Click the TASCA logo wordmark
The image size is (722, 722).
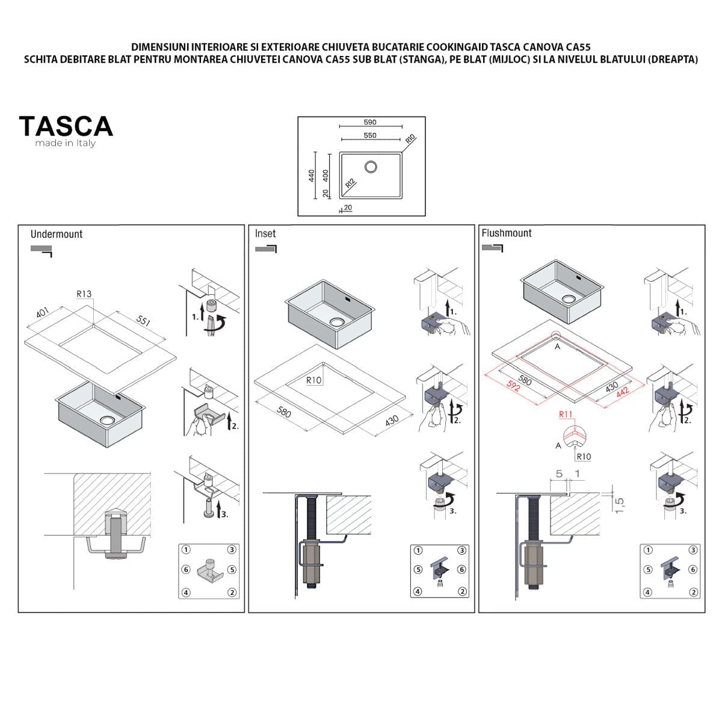point(66,126)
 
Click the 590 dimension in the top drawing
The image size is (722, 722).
point(370,122)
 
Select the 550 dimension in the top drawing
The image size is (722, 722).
point(370,135)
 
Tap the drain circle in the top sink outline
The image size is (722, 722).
point(371,167)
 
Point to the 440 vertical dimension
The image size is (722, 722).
point(311,175)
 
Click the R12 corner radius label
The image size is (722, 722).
point(350,184)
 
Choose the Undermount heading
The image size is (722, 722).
point(56,234)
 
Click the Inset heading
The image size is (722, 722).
point(265,233)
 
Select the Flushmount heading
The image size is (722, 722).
point(507,233)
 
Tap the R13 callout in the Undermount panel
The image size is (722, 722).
point(84,294)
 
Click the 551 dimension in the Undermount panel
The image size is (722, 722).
point(143,320)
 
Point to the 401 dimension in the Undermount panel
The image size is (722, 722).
point(42,312)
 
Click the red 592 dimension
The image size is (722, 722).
point(513,386)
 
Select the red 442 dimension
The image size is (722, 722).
point(622,393)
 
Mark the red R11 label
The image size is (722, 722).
point(566,414)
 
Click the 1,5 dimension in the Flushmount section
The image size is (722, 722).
point(619,505)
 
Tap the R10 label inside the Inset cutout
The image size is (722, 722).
point(313,380)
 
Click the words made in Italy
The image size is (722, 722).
point(65,143)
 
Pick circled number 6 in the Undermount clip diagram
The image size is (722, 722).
point(186,570)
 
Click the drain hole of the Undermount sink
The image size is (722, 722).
point(108,419)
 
